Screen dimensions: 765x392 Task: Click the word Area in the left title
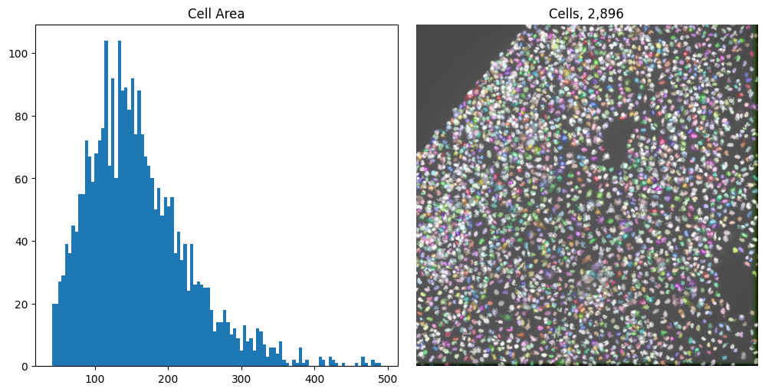(231, 14)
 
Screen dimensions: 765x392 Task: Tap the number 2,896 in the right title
(606, 14)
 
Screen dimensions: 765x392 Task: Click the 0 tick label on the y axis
(26, 366)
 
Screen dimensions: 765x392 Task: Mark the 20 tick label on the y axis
(24, 304)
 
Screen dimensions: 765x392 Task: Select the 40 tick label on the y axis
(24, 241)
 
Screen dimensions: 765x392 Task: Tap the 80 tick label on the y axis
(24, 116)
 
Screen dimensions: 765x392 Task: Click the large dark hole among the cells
(616, 137)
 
